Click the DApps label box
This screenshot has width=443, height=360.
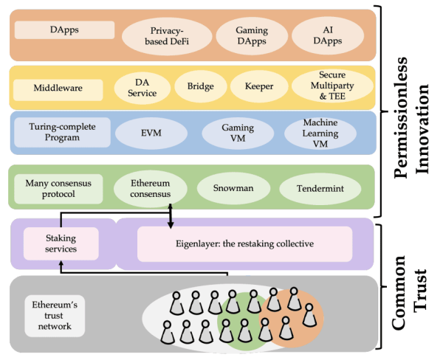(x=64, y=30)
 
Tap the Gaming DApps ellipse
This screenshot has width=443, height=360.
(x=251, y=36)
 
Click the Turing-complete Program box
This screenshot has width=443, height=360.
(x=62, y=133)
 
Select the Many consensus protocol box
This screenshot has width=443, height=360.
(x=62, y=187)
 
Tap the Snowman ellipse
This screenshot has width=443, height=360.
(x=233, y=188)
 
